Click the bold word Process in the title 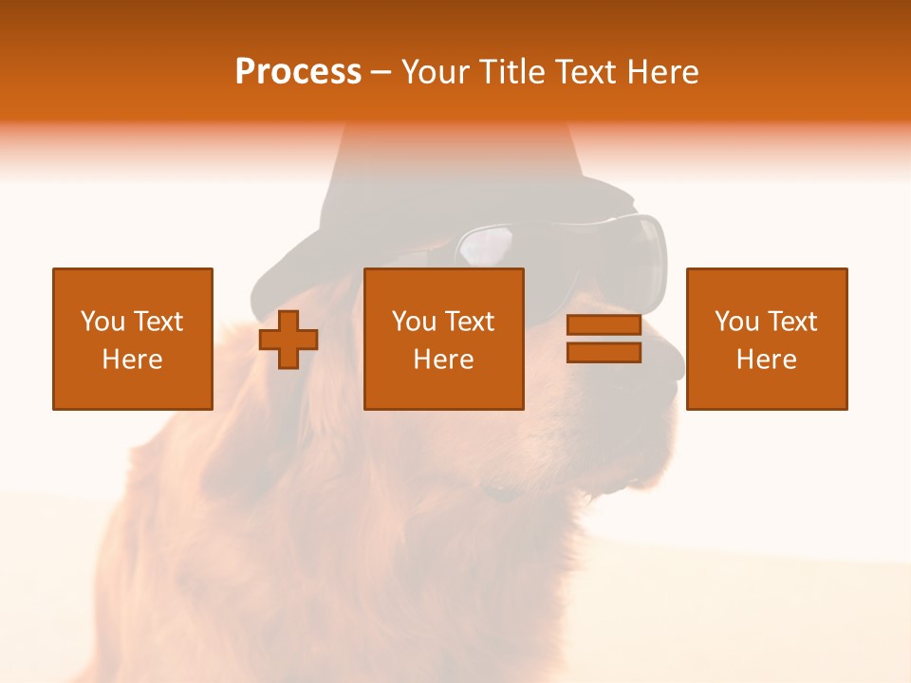coord(298,72)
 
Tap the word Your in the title coord(437,72)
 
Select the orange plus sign coord(288,340)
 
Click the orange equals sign coord(604,339)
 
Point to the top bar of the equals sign coord(604,325)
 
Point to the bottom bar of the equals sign coord(604,352)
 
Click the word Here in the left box coord(132,360)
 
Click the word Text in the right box coord(791,322)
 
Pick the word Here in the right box coord(766,360)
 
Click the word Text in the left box coord(158,322)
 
